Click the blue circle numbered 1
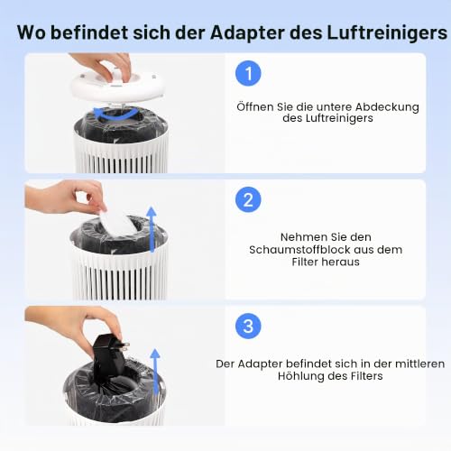click(248, 73)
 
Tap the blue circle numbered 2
click(248, 199)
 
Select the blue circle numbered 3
click(248, 326)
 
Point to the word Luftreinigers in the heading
click(387, 32)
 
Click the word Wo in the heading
click(32, 32)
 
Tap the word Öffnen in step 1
click(254, 106)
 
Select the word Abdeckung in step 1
click(387, 107)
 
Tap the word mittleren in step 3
click(419, 364)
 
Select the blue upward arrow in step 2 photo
click(152, 229)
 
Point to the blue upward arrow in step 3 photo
click(155, 372)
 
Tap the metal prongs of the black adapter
click(124, 346)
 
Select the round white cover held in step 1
click(117, 88)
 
